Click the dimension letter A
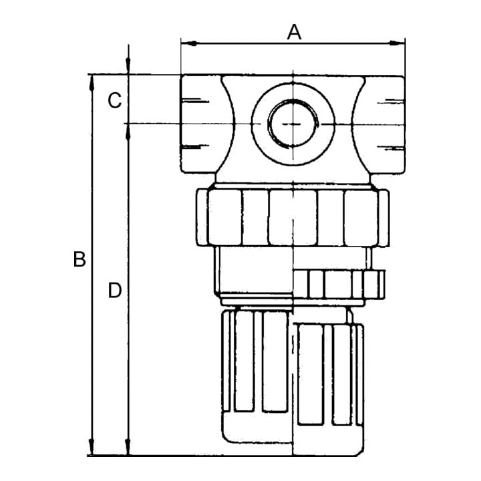click(294, 33)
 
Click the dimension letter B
click(79, 259)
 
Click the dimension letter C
click(115, 100)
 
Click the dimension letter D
click(115, 291)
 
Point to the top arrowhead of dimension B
click(92, 82)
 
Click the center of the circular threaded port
click(293, 124)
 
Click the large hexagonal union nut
click(293, 217)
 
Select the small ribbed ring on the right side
click(339, 284)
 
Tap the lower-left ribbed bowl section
click(255, 362)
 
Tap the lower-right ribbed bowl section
click(328, 375)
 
